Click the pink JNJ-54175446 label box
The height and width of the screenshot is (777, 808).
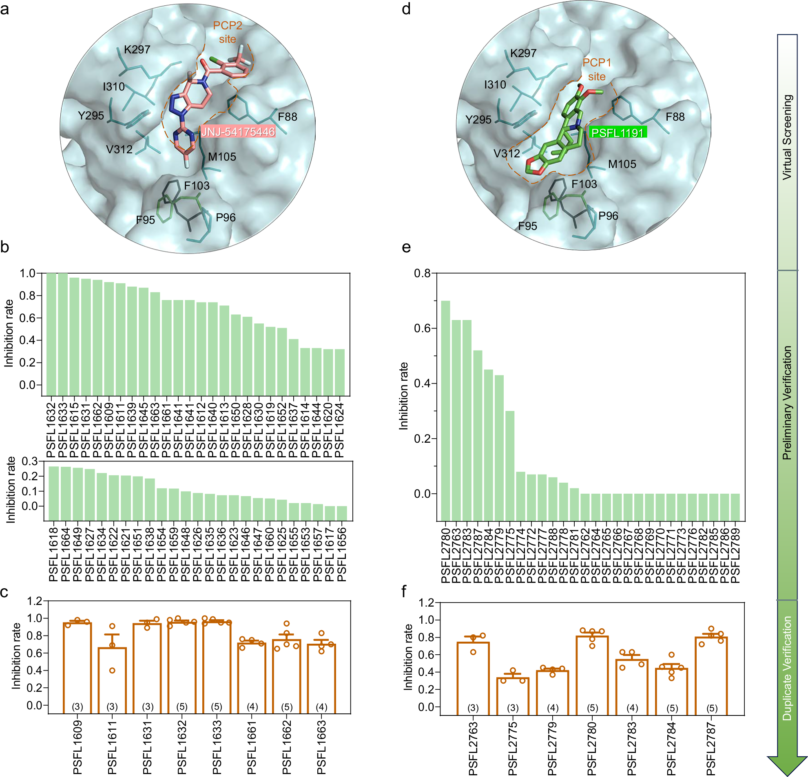(x=238, y=132)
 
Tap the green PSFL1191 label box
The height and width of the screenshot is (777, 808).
(x=617, y=132)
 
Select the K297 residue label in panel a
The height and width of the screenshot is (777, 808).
(x=137, y=49)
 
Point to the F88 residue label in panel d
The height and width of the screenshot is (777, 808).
(x=675, y=117)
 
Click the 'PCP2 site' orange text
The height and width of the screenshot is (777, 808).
(x=227, y=32)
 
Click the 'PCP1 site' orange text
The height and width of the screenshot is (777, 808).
(x=597, y=70)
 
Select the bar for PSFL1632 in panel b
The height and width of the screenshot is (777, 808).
(x=51, y=334)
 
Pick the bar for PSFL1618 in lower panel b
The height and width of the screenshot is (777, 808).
(x=53, y=493)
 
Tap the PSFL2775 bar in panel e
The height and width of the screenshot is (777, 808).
(x=509, y=466)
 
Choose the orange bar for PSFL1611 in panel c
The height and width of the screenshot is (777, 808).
(x=112, y=680)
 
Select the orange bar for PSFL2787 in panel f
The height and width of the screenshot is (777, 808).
(x=711, y=675)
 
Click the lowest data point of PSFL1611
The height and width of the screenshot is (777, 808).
(x=112, y=670)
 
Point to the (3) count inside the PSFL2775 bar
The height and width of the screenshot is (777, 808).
(x=512, y=708)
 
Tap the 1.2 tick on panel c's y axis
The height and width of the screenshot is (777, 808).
(x=35, y=601)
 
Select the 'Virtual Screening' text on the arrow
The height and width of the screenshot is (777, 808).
(x=787, y=137)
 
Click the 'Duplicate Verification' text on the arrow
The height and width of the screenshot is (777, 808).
(x=787, y=668)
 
